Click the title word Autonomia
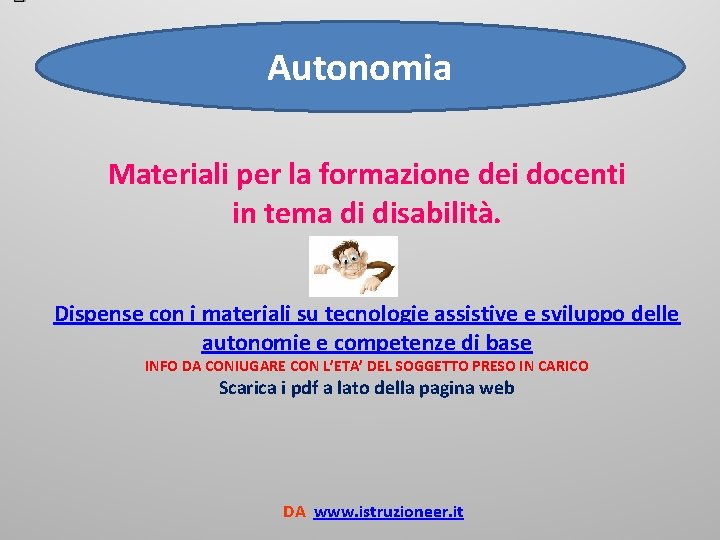[359, 68]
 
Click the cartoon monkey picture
[354, 266]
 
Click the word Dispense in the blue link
[99, 314]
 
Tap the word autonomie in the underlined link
[248, 343]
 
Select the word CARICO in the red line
[562, 366]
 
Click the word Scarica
[250, 389]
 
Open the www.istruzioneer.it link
[388, 512]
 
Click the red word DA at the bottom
[294, 512]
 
